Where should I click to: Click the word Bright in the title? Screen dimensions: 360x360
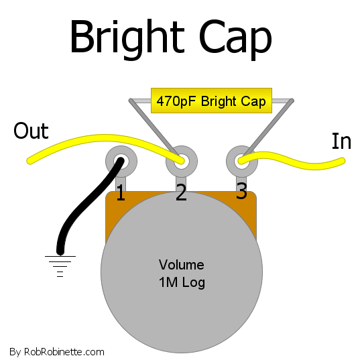pyautogui.click(x=127, y=40)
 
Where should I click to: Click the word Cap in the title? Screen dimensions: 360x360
pyautogui.click(x=235, y=40)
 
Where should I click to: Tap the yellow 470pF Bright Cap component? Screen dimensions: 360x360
pyautogui.click(x=211, y=101)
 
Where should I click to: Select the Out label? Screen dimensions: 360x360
pyautogui.click(x=31, y=131)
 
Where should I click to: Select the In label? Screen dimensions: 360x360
pyautogui.click(x=341, y=141)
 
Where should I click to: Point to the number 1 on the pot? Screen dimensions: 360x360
pyautogui.click(x=121, y=193)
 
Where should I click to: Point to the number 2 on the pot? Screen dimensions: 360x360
pyautogui.click(x=181, y=192)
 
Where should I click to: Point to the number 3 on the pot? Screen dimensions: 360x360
pyautogui.click(x=241, y=190)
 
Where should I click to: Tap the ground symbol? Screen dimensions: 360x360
pyautogui.click(x=60, y=266)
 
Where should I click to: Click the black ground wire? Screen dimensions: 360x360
pyautogui.click(x=86, y=202)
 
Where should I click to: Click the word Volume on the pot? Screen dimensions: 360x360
pyautogui.click(x=182, y=265)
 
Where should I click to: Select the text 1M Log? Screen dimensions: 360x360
pyautogui.click(x=182, y=282)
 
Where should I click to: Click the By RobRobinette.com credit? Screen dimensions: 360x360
pyautogui.click(x=57, y=352)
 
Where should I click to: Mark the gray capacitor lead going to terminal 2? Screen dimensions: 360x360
pyautogui.click(x=154, y=128)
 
